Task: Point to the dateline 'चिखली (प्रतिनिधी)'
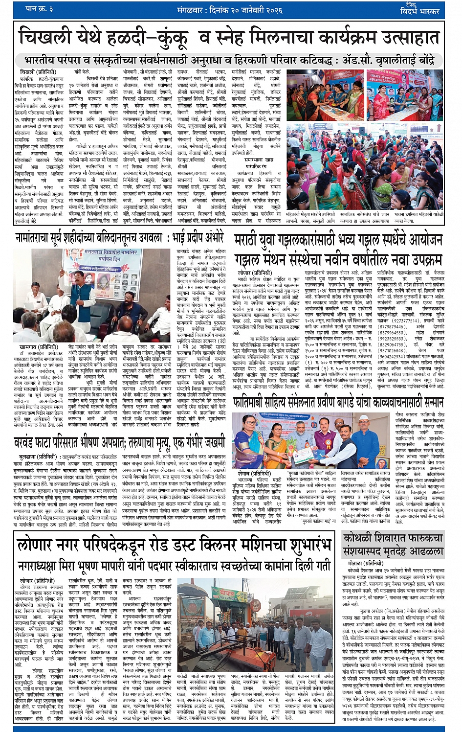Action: point(35,72)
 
